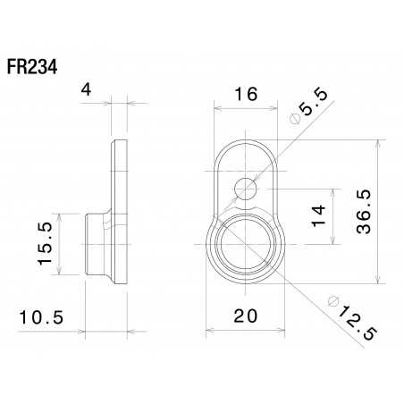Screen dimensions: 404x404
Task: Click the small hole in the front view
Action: point(245,188)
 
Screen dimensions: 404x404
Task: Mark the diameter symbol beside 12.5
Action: point(332,297)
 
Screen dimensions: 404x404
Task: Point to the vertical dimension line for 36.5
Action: point(382,209)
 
